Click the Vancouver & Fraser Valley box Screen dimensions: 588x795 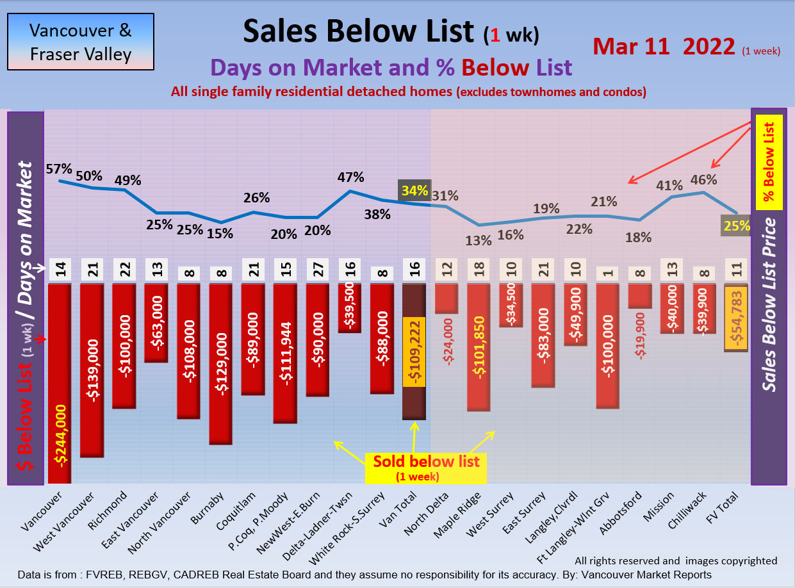pos(81,42)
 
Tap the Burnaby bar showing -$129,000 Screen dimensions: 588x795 pos(220,364)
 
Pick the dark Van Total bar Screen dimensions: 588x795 pos(414,352)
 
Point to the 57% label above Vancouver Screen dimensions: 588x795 pos(59,169)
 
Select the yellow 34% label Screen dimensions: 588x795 pos(414,190)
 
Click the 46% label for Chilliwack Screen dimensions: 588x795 pos(703,180)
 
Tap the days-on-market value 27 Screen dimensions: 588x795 pos(317,270)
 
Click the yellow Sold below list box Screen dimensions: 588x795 pos(426,467)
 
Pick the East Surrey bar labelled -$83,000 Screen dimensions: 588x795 pos(543,336)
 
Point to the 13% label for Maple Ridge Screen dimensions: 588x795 pos(479,240)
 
